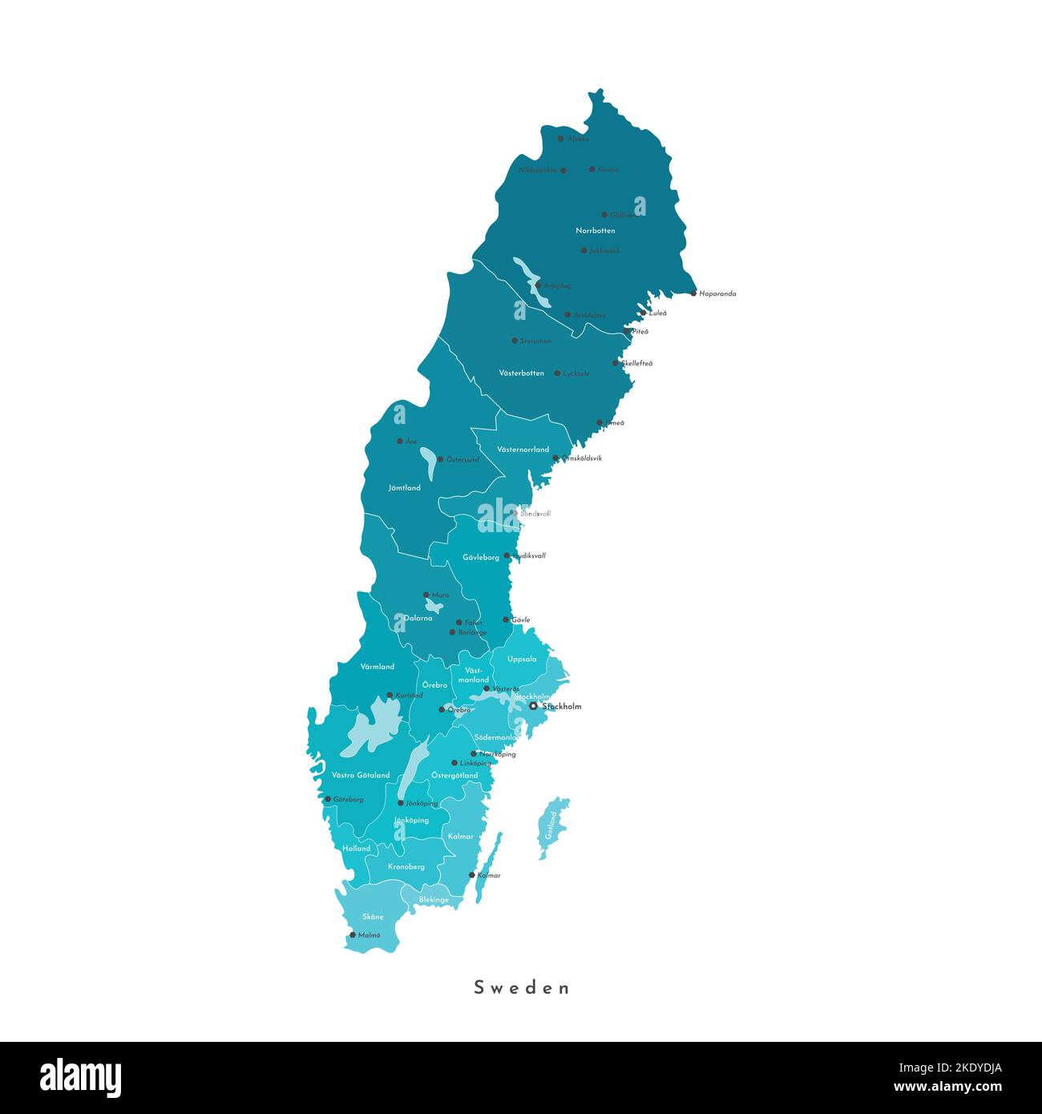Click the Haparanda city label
[x=717, y=293]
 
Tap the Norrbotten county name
[x=596, y=231]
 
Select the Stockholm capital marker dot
[x=533, y=706]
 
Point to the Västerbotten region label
[x=521, y=373]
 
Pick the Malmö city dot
[x=352, y=934]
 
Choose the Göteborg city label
[x=349, y=799]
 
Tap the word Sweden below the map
[x=521, y=987]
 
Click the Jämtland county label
[x=404, y=487]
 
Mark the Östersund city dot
[x=440, y=459]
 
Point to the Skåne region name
[x=373, y=917]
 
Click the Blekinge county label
[x=434, y=900]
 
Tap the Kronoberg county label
[x=406, y=867]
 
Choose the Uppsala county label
[x=522, y=660]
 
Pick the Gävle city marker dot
[x=506, y=620]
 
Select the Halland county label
[x=357, y=849]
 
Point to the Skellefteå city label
[x=637, y=363]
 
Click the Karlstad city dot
[x=390, y=695]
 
